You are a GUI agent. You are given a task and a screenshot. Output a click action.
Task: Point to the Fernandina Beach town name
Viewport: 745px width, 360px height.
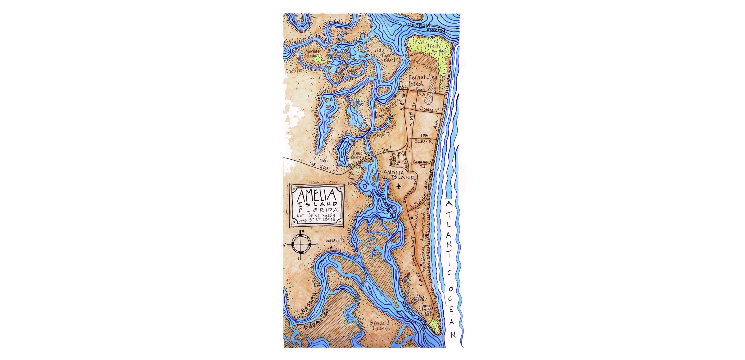pos(422,80)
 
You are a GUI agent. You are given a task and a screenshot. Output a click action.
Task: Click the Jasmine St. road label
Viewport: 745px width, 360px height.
pos(430,110)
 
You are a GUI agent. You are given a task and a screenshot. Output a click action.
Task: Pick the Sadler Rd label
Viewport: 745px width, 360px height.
pos(424,142)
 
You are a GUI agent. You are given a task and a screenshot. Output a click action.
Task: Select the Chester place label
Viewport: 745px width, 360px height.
pos(294,71)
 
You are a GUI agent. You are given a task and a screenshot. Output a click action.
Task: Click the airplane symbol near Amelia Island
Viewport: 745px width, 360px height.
pos(399,186)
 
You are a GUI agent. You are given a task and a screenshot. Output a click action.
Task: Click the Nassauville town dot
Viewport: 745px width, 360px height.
pos(331,248)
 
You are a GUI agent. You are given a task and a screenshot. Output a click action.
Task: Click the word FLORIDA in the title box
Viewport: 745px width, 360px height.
pos(317,210)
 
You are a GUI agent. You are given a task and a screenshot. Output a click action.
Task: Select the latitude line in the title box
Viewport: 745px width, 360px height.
pos(316,215)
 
